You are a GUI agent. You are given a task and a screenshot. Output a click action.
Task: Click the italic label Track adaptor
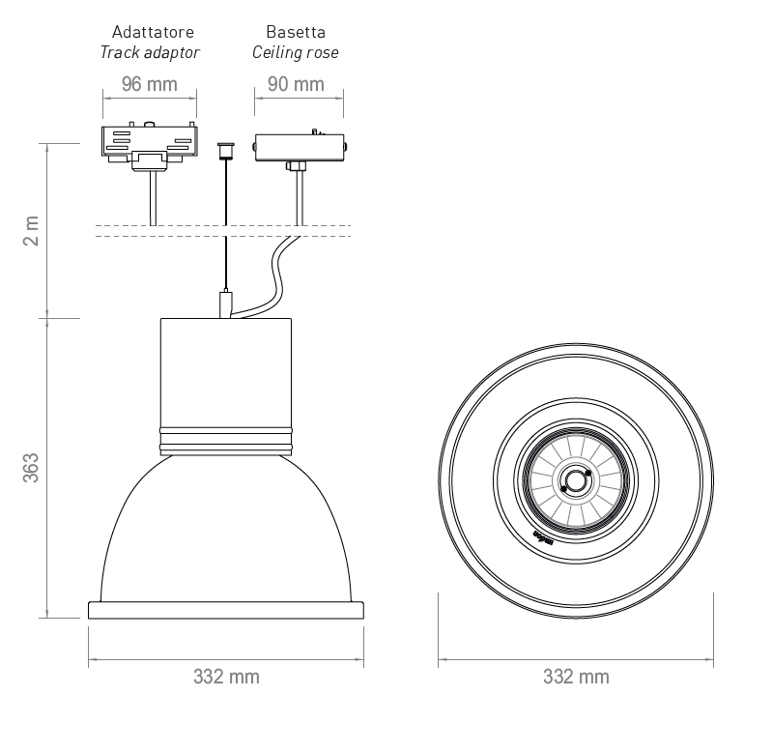point(150,52)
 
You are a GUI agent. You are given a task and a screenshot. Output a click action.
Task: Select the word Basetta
point(296,33)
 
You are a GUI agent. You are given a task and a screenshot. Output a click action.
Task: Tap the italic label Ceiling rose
point(296,52)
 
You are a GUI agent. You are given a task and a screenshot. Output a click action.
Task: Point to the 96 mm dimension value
point(150,84)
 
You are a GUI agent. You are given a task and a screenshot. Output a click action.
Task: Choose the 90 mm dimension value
point(296,84)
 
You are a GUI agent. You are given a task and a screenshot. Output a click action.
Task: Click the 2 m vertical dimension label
point(32,230)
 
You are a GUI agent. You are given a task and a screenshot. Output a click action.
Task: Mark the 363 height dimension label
point(32,467)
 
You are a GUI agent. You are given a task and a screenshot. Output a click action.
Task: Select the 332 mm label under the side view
point(226,677)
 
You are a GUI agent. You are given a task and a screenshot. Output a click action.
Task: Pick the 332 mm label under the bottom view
point(577,677)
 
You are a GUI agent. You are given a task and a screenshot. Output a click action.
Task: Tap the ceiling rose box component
point(299,148)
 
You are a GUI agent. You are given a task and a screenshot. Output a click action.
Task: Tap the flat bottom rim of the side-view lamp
point(225,610)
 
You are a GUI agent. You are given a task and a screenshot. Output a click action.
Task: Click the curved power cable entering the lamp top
point(273,280)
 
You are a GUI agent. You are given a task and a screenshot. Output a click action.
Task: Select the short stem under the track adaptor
point(153,198)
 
